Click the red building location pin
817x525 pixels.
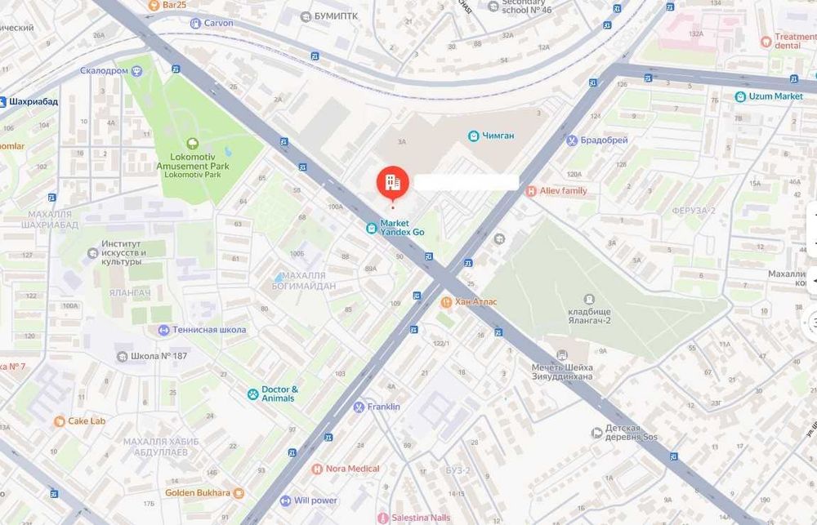[x=392, y=182]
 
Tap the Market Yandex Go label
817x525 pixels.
[x=402, y=227]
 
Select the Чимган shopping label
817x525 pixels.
[x=497, y=136]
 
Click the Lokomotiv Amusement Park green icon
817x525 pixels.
[x=192, y=144]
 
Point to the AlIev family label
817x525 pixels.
[x=563, y=190]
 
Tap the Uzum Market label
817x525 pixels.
[x=775, y=96]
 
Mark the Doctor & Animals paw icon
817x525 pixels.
[x=253, y=394]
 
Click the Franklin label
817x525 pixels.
[x=382, y=407]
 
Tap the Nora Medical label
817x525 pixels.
[x=352, y=469]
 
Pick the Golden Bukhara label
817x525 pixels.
[x=199, y=493]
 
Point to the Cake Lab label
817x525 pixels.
[x=86, y=421]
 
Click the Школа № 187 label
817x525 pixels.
[x=158, y=356]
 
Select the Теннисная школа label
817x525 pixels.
[x=208, y=330]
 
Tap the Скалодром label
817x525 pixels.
[x=104, y=71]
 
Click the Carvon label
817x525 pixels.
[x=218, y=24]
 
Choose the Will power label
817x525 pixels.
[x=315, y=501]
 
